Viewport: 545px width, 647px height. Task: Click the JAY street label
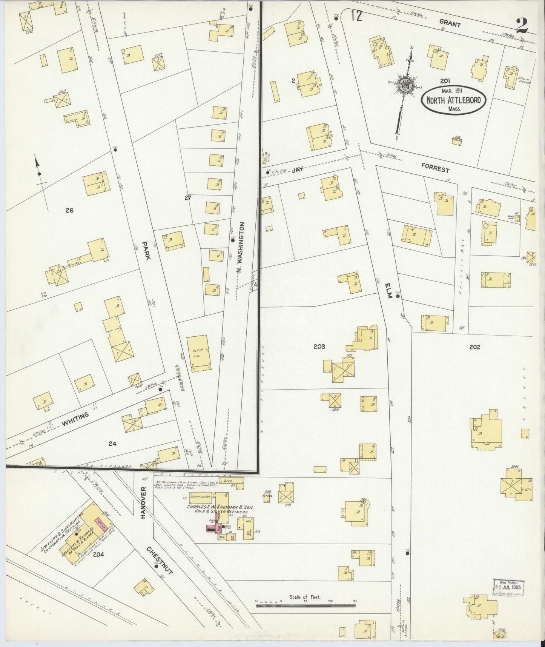point(298,171)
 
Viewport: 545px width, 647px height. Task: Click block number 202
point(474,347)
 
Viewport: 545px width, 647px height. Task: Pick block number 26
point(69,210)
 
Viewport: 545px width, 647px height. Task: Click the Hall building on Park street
point(199,353)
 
